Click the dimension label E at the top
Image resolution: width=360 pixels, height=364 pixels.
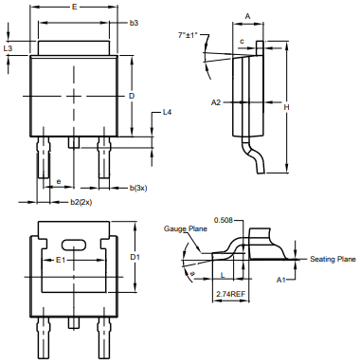(x=74, y=7)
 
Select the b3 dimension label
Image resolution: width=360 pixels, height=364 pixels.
(x=134, y=23)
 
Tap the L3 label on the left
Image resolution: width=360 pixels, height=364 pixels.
(x=8, y=48)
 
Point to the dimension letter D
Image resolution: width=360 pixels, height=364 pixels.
(x=132, y=96)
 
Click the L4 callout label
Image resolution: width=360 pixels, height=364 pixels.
(x=167, y=112)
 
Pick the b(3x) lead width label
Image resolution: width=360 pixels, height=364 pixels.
(x=138, y=188)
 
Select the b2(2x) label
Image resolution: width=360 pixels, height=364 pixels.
(x=81, y=202)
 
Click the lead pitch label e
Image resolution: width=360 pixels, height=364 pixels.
(x=59, y=181)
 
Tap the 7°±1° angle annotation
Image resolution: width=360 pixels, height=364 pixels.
(x=188, y=35)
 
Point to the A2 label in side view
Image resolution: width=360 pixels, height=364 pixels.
(x=216, y=102)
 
